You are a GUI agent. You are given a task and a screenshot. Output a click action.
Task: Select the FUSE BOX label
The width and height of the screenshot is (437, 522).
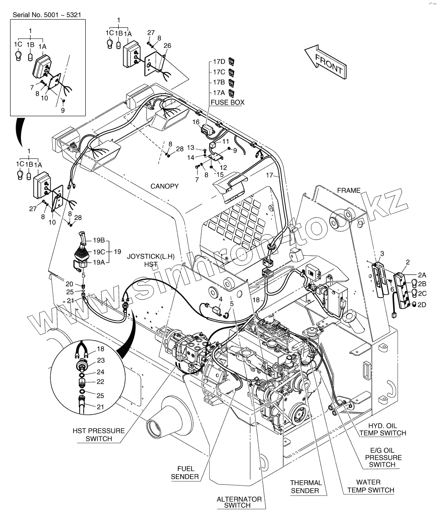(x=227, y=103)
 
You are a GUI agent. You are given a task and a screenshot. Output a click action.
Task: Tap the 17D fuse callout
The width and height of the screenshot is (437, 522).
(x=219, y=62)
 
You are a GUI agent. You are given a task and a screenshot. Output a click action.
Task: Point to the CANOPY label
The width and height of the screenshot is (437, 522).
(x=165, y=186)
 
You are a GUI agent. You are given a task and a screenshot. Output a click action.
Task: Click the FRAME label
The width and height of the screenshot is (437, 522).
(x=348, y=191)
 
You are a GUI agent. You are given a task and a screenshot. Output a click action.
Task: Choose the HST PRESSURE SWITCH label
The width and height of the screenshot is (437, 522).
(x=99, y=435)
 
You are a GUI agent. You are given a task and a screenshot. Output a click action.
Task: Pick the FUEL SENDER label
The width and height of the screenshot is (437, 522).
(x=185, y=473)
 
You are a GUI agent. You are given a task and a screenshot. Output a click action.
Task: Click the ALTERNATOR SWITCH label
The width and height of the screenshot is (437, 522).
(x=239, y=502)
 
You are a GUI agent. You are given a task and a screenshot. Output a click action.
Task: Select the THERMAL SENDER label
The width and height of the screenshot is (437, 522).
(x=306, y=486)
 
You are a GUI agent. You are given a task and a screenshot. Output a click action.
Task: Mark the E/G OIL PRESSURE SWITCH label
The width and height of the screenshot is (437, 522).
(x=382, y=457)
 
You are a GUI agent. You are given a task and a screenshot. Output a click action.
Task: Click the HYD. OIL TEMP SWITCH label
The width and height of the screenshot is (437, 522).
(x=382, y=429)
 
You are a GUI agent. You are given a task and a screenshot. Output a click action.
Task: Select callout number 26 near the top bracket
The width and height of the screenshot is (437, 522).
(x=167, y=46)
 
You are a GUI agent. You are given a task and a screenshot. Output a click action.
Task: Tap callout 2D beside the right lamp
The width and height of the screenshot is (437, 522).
(x=421, y=305)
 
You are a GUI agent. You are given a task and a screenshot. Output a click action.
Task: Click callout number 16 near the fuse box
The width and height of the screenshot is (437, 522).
(x=196, y=122)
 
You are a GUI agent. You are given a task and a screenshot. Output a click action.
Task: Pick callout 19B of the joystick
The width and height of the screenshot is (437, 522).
(x=99, y=240)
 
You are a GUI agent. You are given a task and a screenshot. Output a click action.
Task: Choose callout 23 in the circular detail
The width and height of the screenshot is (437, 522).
(x=101, y=361)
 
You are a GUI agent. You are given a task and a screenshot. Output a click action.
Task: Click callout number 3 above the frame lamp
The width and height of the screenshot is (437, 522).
(x=382, y=253)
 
